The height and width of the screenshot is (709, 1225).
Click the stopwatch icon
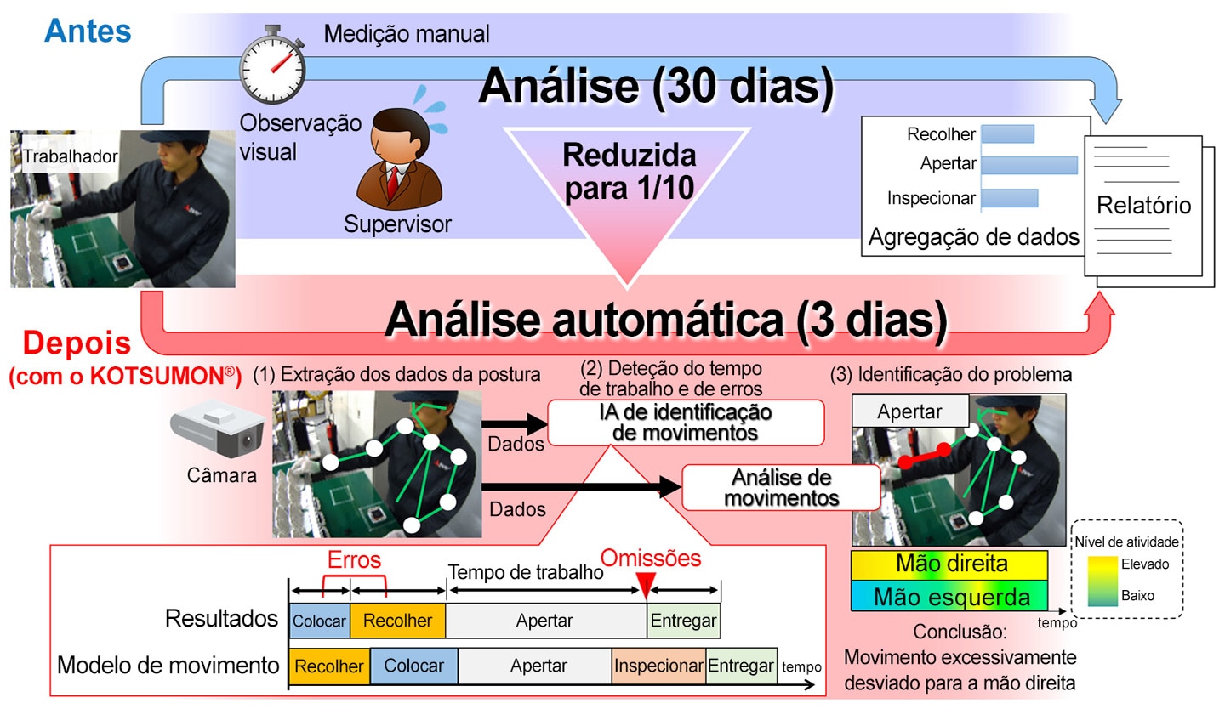pos(272,65)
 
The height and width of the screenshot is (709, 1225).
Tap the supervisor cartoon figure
pos(400,158)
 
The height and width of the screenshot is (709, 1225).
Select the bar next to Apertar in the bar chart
pos(1029,165)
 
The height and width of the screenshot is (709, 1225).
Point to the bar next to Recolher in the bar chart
pos(1008,134)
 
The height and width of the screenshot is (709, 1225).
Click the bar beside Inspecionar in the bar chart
pos(1010,198)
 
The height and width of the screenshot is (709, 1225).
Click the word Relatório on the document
pos(1143,206)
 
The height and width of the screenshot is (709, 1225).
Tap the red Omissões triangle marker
pos(646,585)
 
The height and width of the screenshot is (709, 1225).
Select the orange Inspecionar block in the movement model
pos(658,666)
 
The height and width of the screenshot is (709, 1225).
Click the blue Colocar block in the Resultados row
pos(319,621)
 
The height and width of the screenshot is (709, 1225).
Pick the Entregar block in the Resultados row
pos(684,621)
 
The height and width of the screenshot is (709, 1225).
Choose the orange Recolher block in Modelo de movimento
pos(329,666)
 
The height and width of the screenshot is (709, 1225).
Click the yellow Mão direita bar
pos(949,564)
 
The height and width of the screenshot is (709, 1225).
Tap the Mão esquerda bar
pos(949,596)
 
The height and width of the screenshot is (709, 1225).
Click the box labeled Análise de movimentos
pos(782,488)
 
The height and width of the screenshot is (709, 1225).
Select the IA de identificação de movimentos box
pos(686,423)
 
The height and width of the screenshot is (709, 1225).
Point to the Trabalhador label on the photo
pos(70,156)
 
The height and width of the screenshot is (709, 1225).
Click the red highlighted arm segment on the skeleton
pos(924,456)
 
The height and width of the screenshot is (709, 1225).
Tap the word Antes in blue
pos(88,31)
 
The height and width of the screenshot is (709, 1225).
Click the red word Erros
pos(354,559)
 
